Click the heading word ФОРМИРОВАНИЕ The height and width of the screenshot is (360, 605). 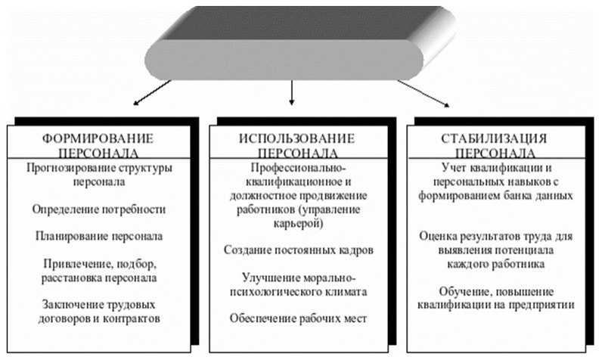98,138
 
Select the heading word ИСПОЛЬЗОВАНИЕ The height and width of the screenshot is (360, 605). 296,138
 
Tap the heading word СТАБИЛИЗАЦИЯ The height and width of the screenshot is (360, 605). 495,138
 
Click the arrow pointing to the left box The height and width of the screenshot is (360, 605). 152,92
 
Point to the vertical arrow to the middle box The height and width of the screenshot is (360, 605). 292,92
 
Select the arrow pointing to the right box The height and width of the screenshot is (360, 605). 423,93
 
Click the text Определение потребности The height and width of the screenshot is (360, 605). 99,209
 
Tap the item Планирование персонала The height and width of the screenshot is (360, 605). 99,236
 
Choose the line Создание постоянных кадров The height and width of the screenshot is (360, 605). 298,250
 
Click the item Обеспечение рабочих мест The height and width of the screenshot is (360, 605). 298,318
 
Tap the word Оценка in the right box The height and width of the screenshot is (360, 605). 437,236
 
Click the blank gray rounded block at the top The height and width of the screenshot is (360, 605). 284,61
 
